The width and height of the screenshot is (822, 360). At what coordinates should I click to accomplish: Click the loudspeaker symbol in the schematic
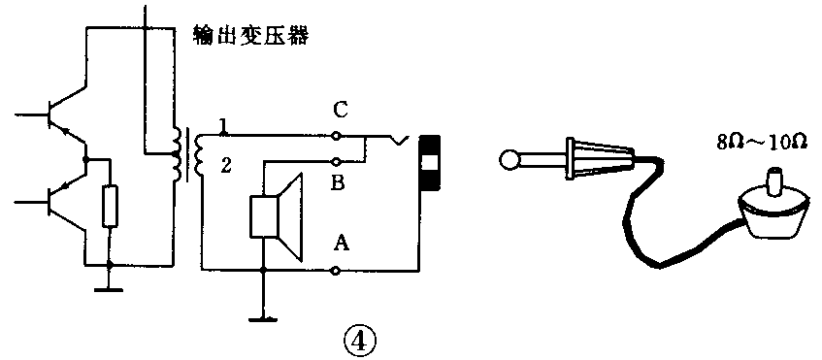(277, 215)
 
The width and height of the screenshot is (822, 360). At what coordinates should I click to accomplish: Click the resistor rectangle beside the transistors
(110, 205)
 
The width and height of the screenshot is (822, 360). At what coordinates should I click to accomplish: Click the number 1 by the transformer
(223, 125)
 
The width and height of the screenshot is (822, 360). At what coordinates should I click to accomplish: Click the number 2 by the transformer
(224, 168)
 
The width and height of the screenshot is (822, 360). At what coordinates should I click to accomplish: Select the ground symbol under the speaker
(262, 315)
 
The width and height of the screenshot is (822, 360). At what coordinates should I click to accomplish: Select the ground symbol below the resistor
(110, 287)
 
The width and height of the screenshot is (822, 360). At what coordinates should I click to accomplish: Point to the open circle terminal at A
(338, 274)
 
